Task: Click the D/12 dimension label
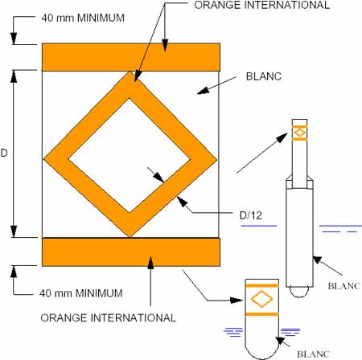click(251, 215)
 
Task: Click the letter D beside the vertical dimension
click(4, 153)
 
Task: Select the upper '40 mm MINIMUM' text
click(83, 18)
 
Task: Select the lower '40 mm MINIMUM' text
click(81, 293)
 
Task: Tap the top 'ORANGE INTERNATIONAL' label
click(261, 5)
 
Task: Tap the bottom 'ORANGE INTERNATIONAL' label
click(109, 317)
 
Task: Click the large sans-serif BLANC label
click(264, 76)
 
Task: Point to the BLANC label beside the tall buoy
click(344, 286)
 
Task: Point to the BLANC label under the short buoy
click(314, 354)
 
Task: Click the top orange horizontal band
click(131, 57)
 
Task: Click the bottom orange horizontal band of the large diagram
click(131, 252)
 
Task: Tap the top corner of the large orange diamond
click(130, 72)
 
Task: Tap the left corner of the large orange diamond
click(43, 159)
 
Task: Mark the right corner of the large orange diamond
click(216, 160)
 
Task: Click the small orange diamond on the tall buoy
click(299, 133)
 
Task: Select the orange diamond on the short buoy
click(261, 299)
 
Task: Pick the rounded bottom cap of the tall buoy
click(299, 292)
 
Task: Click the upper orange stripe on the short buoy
click(262, 285)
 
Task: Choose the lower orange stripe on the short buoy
click(262, 314)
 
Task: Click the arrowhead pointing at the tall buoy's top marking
click(282, 137)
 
